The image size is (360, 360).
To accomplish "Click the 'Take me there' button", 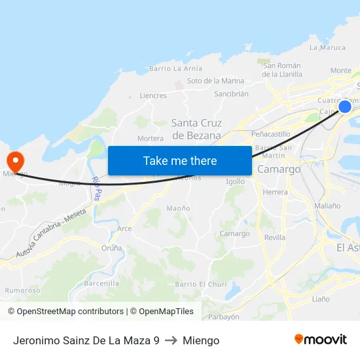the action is tap(179, 160).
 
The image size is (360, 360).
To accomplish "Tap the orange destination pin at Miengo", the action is tap(14, 160).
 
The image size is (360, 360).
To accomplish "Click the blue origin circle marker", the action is tap(344, 107).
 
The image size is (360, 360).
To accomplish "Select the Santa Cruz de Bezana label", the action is tap(196, 129).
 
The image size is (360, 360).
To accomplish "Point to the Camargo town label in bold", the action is tap(279, 169).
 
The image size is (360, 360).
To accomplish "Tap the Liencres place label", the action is tap(153, 96).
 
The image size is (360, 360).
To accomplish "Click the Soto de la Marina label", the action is tap(215, 81).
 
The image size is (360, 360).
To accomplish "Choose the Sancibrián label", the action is tap(231, 94).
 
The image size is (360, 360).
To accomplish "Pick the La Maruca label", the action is tap(327, 47).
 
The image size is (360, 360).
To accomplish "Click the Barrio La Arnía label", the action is tap(175, 68).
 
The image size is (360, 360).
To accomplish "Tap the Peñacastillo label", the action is tap(270, 134).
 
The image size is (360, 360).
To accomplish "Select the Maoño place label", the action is tap(178, 208).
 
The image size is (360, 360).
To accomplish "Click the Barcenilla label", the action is tap(101, 283).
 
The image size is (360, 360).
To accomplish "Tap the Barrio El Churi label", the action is tap(200, 284).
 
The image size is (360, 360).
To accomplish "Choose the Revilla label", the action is tap(275, 238).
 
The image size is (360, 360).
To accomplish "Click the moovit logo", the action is tap(320, 340).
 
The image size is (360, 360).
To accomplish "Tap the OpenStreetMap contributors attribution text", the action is tap(65, 312).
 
